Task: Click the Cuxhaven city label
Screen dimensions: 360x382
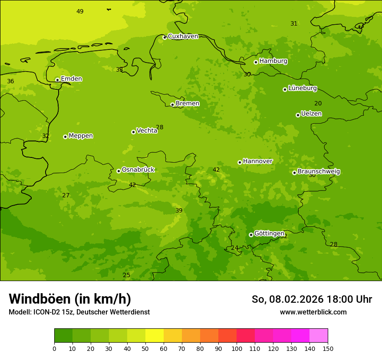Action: click(183, 36)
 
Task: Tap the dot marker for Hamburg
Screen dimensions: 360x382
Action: click(256, 62)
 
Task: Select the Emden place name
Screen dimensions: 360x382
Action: click(71, 79)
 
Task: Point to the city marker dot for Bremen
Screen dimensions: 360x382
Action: click(172, 105)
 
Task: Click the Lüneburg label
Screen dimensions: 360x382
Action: click(302, 88)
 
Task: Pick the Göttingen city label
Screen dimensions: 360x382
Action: click(269, 233)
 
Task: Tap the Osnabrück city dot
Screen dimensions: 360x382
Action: click(119, 171)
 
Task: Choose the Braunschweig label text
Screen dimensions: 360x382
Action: click(319, 172)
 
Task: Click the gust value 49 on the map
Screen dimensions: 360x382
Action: click(80, 11)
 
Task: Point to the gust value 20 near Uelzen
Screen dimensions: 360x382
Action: click(318, 103)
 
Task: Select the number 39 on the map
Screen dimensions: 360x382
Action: click(179, 210)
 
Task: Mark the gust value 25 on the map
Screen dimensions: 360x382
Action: click(126, 275)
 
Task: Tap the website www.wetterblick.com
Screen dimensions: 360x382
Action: click(313, 312)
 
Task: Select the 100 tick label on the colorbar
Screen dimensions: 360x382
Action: click(237, 348)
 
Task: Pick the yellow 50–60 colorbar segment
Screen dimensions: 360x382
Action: click(155, 336)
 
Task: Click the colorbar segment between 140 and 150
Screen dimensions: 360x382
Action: click(319, 336)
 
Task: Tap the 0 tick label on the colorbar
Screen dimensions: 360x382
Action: click(54, 348)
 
